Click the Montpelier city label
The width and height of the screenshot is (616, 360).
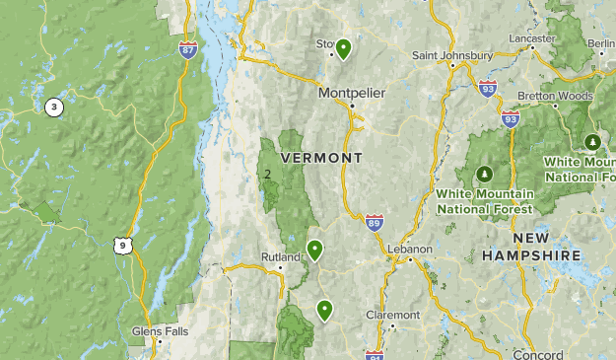pos(351,93)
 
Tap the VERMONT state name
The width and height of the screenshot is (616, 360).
pos(321,158)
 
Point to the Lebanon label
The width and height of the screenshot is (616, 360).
pos(409,250)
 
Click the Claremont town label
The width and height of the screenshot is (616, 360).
pos(392,315)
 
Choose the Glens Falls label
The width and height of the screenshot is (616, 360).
pos(160,331)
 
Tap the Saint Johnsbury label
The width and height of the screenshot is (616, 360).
pos(452,54)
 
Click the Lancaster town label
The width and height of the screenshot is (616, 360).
pos(531,36)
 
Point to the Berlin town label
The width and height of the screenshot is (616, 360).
pos(600,44)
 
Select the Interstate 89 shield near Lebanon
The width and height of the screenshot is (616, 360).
pos(374,224)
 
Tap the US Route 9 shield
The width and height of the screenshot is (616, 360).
pos(120,245)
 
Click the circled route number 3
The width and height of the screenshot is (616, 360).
pos(53,107)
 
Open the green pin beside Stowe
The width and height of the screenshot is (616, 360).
pos(343,48)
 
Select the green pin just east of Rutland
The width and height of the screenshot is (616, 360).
pos(315,250)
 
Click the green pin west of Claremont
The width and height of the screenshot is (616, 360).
pos(324,311)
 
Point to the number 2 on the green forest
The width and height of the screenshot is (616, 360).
pos(267,175)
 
